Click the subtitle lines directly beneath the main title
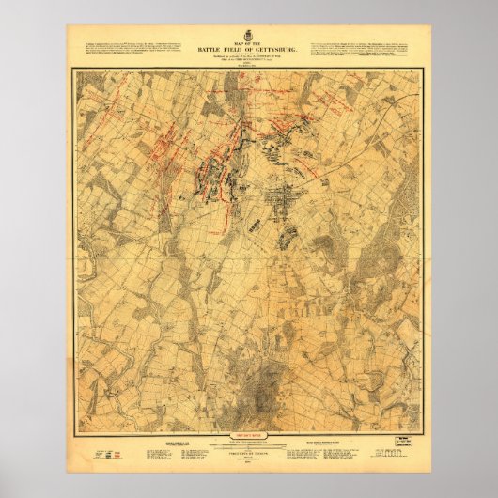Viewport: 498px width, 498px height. (249, 58)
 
